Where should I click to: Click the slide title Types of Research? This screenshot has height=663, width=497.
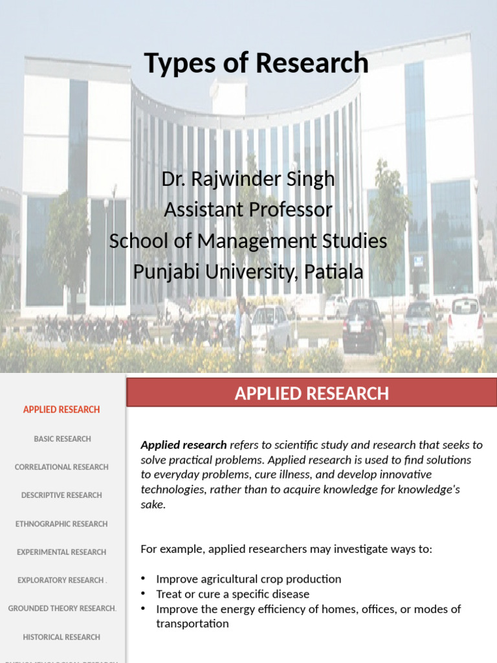tap(256, 63)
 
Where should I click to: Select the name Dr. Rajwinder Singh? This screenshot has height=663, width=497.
tap(248, 179)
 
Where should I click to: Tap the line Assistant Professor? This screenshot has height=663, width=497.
tap(248, 210)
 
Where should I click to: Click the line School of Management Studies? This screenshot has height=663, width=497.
tap(248, 241)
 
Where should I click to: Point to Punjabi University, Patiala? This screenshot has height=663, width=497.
tap(248, 272)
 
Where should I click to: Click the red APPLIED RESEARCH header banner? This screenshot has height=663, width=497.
tap(311, 393)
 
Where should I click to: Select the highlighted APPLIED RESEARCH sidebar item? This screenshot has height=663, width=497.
tap(61, 409)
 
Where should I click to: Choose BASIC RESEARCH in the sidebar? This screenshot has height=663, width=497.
tap(62, 439)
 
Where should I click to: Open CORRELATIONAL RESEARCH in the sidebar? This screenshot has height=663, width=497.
tap(61, 467)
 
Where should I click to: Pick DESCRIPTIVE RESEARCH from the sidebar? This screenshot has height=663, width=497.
tap(61, 495)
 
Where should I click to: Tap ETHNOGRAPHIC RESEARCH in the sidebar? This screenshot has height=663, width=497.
tap(61, 524)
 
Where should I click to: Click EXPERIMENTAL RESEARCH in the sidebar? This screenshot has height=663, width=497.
tap(61, 552)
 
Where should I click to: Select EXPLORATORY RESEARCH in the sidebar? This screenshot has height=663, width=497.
tap(61, 580)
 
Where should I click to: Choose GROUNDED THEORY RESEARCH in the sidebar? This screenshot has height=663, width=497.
tap(62, 609)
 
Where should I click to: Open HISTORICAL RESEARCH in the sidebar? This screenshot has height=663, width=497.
tap(61, 637)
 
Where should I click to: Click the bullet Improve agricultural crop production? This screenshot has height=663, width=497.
tap(248, 579)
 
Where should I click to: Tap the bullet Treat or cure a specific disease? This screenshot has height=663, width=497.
tap(233, 594)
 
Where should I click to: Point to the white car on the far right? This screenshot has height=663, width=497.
tap(465, 322)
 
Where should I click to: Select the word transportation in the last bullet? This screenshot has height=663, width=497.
tap(192, 624)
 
